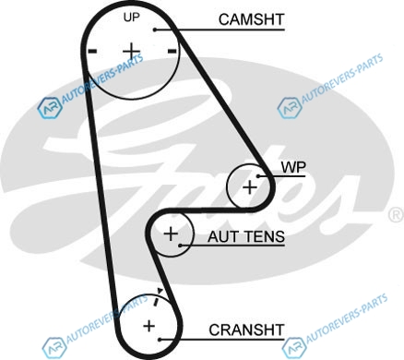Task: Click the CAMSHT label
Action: pos(251,19)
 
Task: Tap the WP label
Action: pos(293,167)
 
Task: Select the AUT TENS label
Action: pos(246,236)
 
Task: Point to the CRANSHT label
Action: pos(246,330)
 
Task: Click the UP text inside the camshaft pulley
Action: pos(131,18)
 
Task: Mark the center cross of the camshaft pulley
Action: pos(131,51)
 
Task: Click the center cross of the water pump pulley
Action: pos(250,187)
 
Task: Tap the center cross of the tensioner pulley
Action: pos(171,234)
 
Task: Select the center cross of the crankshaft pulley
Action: pos(149,326)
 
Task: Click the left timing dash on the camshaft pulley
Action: pos(92,51)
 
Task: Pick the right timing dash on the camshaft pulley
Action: pos(172,51)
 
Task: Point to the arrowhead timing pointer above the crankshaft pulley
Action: pos(160,291)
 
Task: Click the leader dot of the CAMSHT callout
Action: pos(155,30)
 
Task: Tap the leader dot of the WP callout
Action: pos(258,176)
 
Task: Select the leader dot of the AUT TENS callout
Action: pos(181,246)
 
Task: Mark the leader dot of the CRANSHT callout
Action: pos(160,340)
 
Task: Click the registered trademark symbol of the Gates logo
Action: pos(396,215)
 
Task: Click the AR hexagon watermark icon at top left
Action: pos(50,108)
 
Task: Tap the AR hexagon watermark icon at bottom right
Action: pos(294,348)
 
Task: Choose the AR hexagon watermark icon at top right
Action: pos(290,108)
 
